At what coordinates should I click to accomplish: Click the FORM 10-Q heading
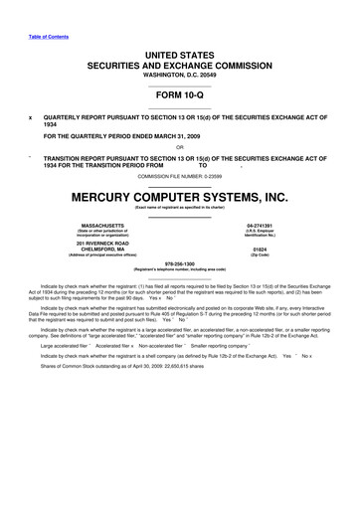tap(179, 98)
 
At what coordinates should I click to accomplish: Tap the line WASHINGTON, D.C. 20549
tap(179, 75)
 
